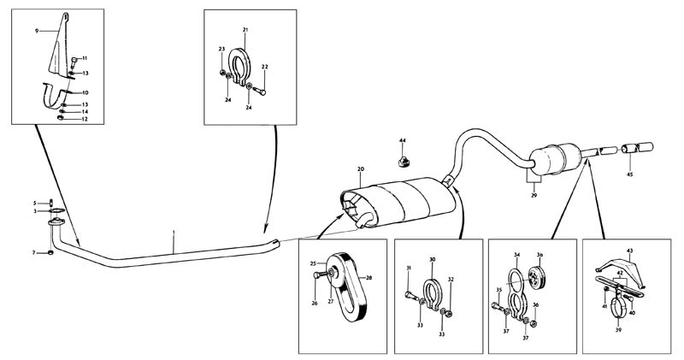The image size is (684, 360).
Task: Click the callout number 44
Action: pos(402,139)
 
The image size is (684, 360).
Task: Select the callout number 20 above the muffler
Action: pos(362,170)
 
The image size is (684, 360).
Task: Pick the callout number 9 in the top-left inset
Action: pos(37,31)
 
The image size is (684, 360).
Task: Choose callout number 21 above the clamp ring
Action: pos(245,31)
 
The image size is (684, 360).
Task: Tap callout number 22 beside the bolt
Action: pos(265,67)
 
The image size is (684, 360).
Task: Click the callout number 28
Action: pos(370,278)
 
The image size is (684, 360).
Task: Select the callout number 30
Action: pos(433,259)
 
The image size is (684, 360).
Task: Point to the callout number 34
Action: pos(516,255)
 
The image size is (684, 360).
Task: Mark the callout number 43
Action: pos(631,250)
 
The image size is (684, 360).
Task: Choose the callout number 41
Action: pos(603,306)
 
